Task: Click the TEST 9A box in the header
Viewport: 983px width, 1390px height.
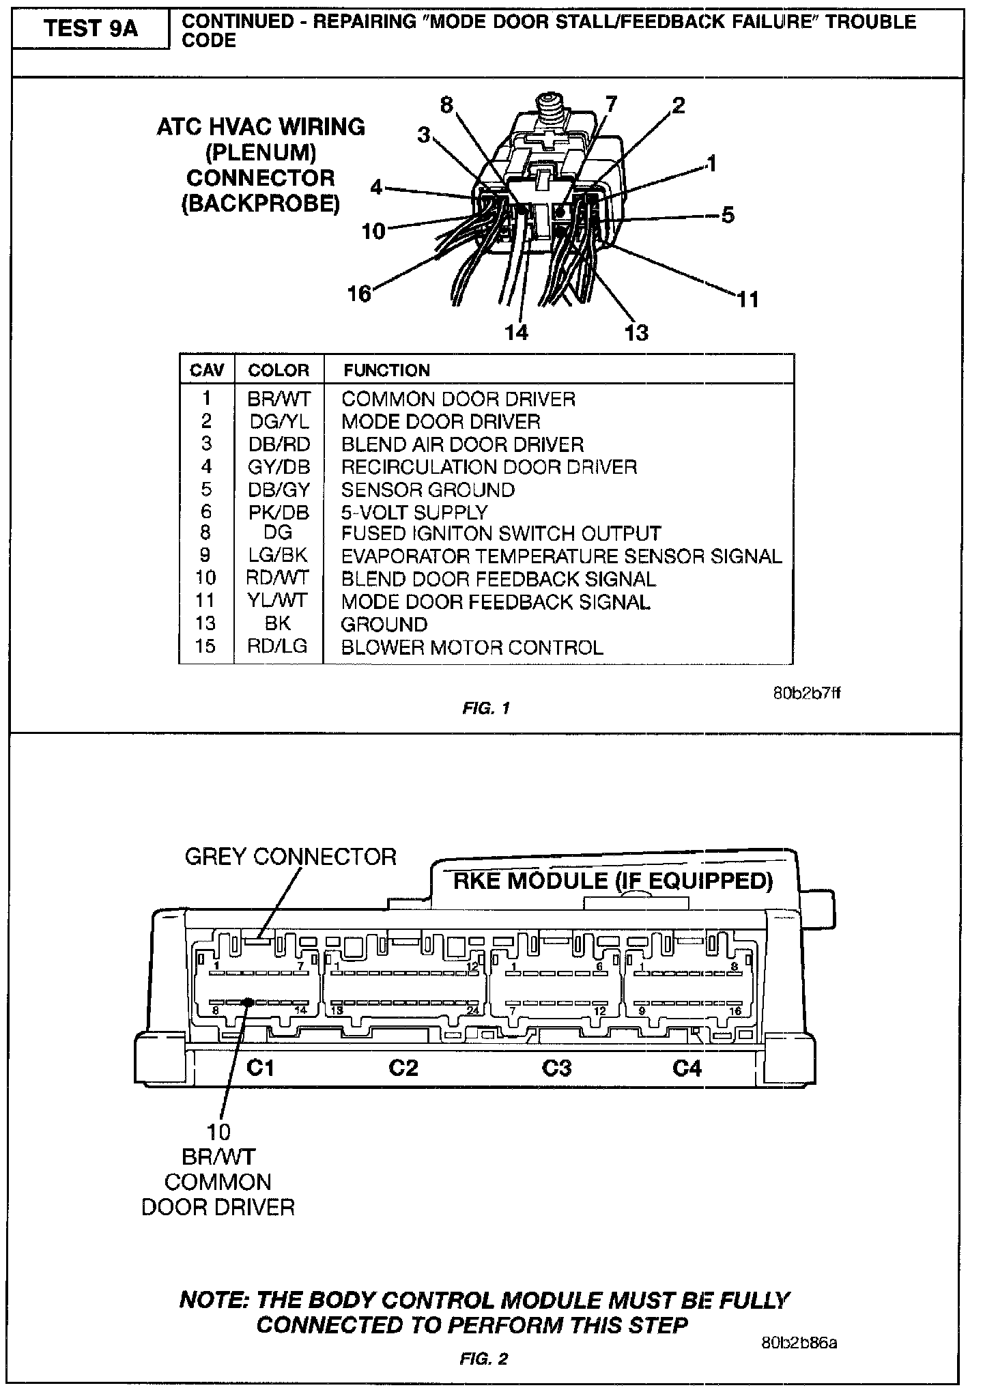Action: (91, 29)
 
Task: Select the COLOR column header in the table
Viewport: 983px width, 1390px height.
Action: (279, 370)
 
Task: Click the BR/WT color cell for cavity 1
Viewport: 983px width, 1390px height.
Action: (279, 399)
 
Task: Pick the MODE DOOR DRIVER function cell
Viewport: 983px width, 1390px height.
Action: (440, 421)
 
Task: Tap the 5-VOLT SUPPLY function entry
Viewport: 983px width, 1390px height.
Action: (414, 512)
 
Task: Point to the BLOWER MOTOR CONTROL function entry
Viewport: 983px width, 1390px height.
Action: (472, 647)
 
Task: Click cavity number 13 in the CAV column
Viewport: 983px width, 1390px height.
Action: (205, 623)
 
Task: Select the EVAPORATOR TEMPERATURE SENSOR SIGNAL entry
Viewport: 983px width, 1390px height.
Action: (561, 556)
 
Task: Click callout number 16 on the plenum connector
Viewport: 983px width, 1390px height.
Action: (359, 294)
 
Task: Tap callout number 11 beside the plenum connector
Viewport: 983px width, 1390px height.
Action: (748, 299)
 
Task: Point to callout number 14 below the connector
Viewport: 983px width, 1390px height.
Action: (517, 332)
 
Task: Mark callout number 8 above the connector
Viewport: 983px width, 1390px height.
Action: (446, 106)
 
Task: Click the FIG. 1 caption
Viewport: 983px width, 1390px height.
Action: (486, 708)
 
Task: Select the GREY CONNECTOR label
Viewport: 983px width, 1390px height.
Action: (290, 857)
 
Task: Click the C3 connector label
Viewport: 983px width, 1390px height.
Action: (556, 1067)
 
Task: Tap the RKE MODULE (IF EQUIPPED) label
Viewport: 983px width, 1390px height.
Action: (613, 881)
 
